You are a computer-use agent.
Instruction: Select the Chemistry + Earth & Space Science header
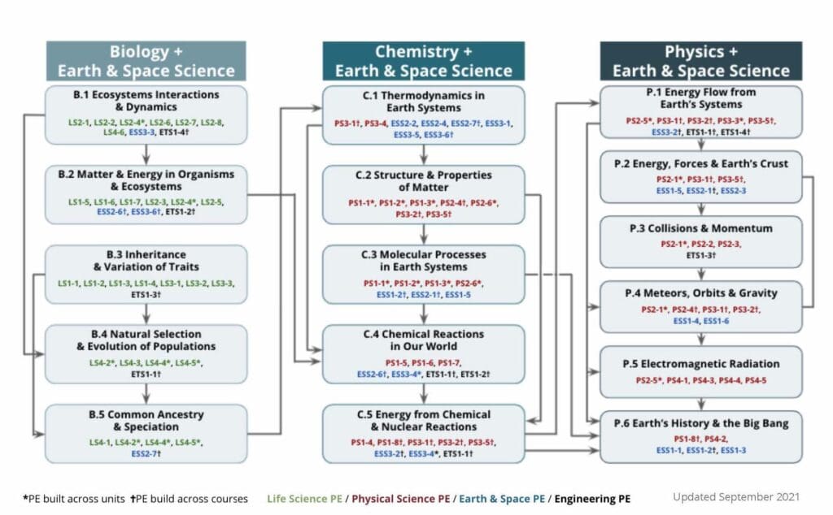tap(423, 61)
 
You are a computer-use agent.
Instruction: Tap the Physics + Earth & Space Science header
tap(700, 61)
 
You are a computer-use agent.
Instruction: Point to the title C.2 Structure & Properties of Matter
tap(423, 180)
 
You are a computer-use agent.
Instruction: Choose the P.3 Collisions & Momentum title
tap(700, 228)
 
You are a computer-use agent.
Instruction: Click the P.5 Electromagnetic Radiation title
tap(700, 363)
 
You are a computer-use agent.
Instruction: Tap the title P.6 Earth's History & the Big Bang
tap(700, 423)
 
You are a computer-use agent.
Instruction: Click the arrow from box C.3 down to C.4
tap(424, 314)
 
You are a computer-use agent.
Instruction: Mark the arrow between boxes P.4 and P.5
tap(701, 339)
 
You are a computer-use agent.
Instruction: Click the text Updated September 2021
tap(735, 496)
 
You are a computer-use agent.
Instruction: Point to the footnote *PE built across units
tap(68, 497)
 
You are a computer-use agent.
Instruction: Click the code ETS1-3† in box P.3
tap(700, 255)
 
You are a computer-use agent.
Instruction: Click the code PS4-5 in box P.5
tap(755, 380)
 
